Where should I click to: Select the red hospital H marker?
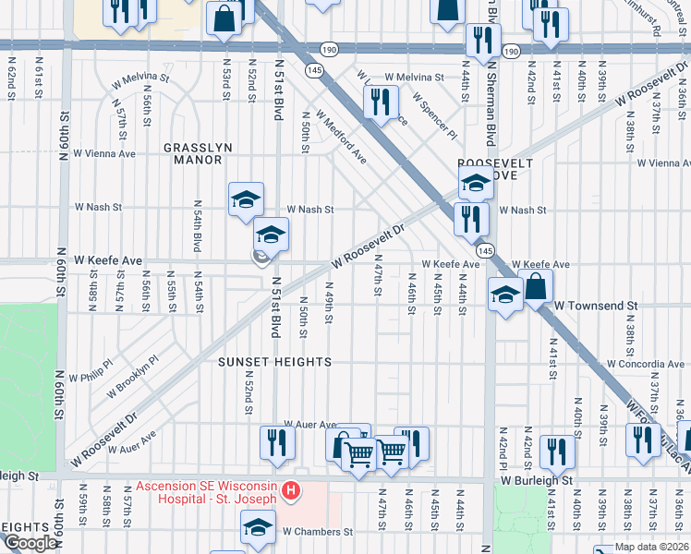pyautogui.click(x=291, y=489)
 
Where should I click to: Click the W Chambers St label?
pyautogui.click(x=319, y=532)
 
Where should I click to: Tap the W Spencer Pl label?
pyautogui.click(x=434, y=114)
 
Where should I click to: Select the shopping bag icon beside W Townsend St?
pyautogui.click(x=536, y=286)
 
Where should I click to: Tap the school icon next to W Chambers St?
pyautogui.click(x=258, y=528)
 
